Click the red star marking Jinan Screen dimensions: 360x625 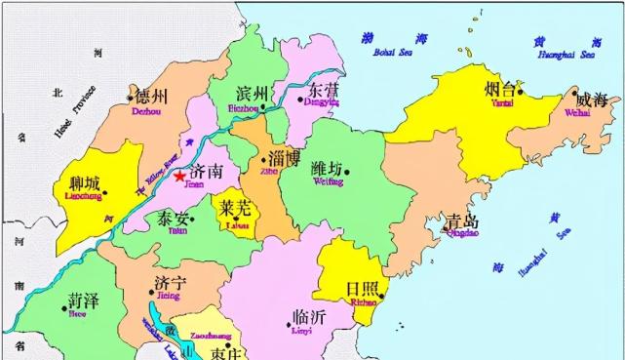(x=179, y=176)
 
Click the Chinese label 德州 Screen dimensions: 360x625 (x=152, y=97)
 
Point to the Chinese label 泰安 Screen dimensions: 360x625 (x=173, y=220)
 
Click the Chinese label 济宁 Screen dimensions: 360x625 (x=171, y=283)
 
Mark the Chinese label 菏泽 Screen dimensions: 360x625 (x=82, y=300)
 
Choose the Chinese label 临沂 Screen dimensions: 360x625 (x=307, y=319)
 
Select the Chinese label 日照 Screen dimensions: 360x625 (x=363, y=288)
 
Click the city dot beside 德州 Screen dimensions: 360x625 (x=130, y=97)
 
